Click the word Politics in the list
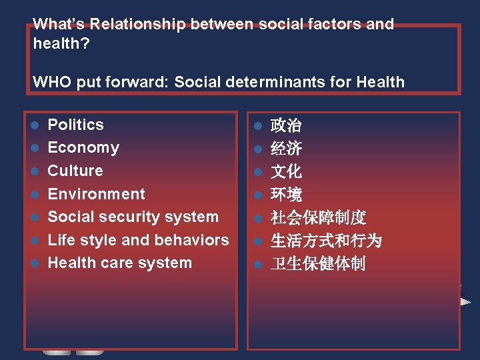point(75,125)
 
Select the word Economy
point(83,147)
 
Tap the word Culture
point(75,171)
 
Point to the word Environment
point(96,194)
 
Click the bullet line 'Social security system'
point(133,217)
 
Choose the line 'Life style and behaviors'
point(138,240)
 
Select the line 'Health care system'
point(119,263)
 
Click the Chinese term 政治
point(286,125)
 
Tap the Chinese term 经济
point(286,148)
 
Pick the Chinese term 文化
point(286,171)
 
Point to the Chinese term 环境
point(286,195)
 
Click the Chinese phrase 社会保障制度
point(318,218)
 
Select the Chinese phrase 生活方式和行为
point(326,241)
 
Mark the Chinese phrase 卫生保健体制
point(318,264)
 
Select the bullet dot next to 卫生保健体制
point(257,265)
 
